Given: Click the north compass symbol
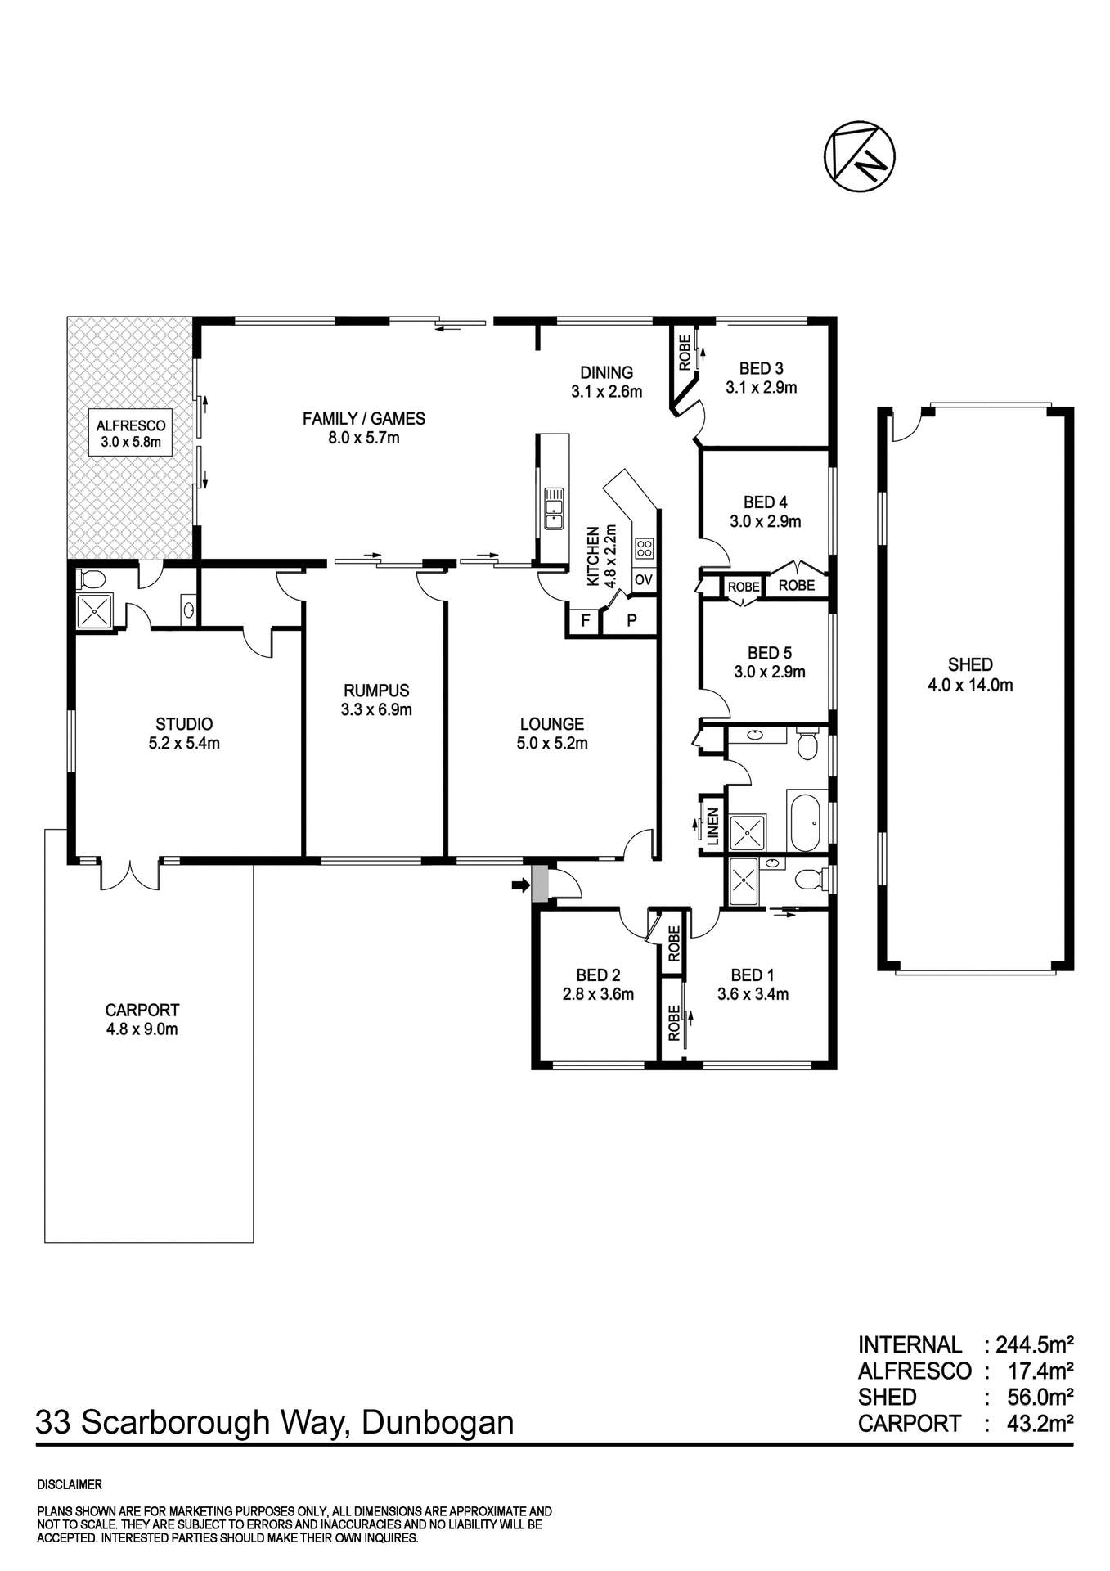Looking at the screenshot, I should pos(858,157).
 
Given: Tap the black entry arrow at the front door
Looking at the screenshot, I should pos(518,885).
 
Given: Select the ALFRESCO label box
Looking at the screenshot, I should pos(131,434).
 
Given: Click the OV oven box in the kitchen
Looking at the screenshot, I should pos(643,579).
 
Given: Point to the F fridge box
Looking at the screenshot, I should pos(585,620).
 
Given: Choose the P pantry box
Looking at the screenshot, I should pos(631,620).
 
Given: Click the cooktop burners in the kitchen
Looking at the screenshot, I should pos(644,548).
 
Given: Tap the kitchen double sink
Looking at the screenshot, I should pos(554,508).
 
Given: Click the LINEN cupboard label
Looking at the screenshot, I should pos(712,826).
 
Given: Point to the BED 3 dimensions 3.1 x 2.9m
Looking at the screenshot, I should pos(761,388).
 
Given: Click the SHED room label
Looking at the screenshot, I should pos(970,665).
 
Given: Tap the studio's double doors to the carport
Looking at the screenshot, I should pos(130,874).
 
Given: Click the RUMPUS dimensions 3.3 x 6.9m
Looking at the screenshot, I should pos(376,710).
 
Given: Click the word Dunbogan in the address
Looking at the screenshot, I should pos(437,1423).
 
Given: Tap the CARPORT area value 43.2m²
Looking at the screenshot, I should pos(1039,1423).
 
